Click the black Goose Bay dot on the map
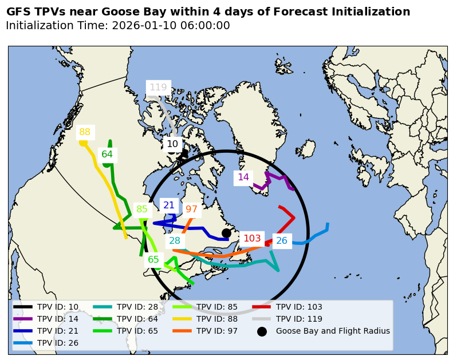226,233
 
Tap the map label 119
158,88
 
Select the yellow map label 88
85,132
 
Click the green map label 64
107,154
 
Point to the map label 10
172,144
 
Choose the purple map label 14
243,177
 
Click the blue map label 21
169,205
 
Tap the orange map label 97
191,209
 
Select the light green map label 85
142,209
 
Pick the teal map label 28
175,241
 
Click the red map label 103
252,238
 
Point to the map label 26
282,241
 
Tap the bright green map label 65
153,260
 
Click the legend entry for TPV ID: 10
58,307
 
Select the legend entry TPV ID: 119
299,319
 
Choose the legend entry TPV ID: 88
217,319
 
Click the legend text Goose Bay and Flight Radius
333,331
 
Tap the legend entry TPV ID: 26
58,343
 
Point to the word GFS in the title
19,12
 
